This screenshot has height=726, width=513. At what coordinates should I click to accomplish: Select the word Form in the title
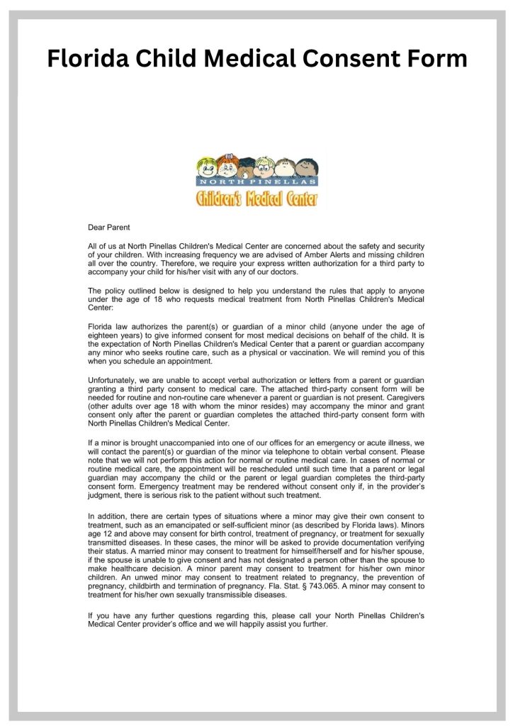(x=433, y=58)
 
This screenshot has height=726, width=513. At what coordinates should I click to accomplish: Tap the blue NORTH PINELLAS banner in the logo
(x=257, y=182)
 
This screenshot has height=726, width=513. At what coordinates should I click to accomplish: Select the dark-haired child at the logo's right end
(x=308, y=168)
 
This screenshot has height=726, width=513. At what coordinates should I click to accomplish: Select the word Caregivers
(x=401, y=401)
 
